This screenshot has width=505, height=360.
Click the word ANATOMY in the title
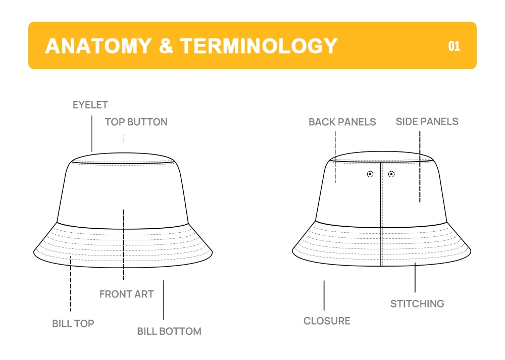(98, 46)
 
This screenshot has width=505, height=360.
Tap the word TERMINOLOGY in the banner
(259, 46)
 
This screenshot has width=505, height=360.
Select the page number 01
(454, 46)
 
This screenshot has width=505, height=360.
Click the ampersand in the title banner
(166, 46)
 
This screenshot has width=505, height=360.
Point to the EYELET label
(90, 105)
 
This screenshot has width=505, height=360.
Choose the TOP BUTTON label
(136, 122)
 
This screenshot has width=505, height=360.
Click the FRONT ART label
(126, 294)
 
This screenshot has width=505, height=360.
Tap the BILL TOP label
(73, 323)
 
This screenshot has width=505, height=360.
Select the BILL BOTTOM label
(169, 331)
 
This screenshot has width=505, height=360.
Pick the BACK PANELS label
(342, 122)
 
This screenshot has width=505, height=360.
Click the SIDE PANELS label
(427, 121)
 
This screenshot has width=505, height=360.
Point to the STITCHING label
(417, 303)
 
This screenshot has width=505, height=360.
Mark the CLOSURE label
(327, 321)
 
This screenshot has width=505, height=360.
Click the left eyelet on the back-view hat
(370, 174)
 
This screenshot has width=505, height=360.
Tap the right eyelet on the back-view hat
(391, 174)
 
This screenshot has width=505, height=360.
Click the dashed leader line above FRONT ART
(124, 245)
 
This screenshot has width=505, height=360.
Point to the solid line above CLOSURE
(324, 295)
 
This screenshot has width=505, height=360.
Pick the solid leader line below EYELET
(92, 134)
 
